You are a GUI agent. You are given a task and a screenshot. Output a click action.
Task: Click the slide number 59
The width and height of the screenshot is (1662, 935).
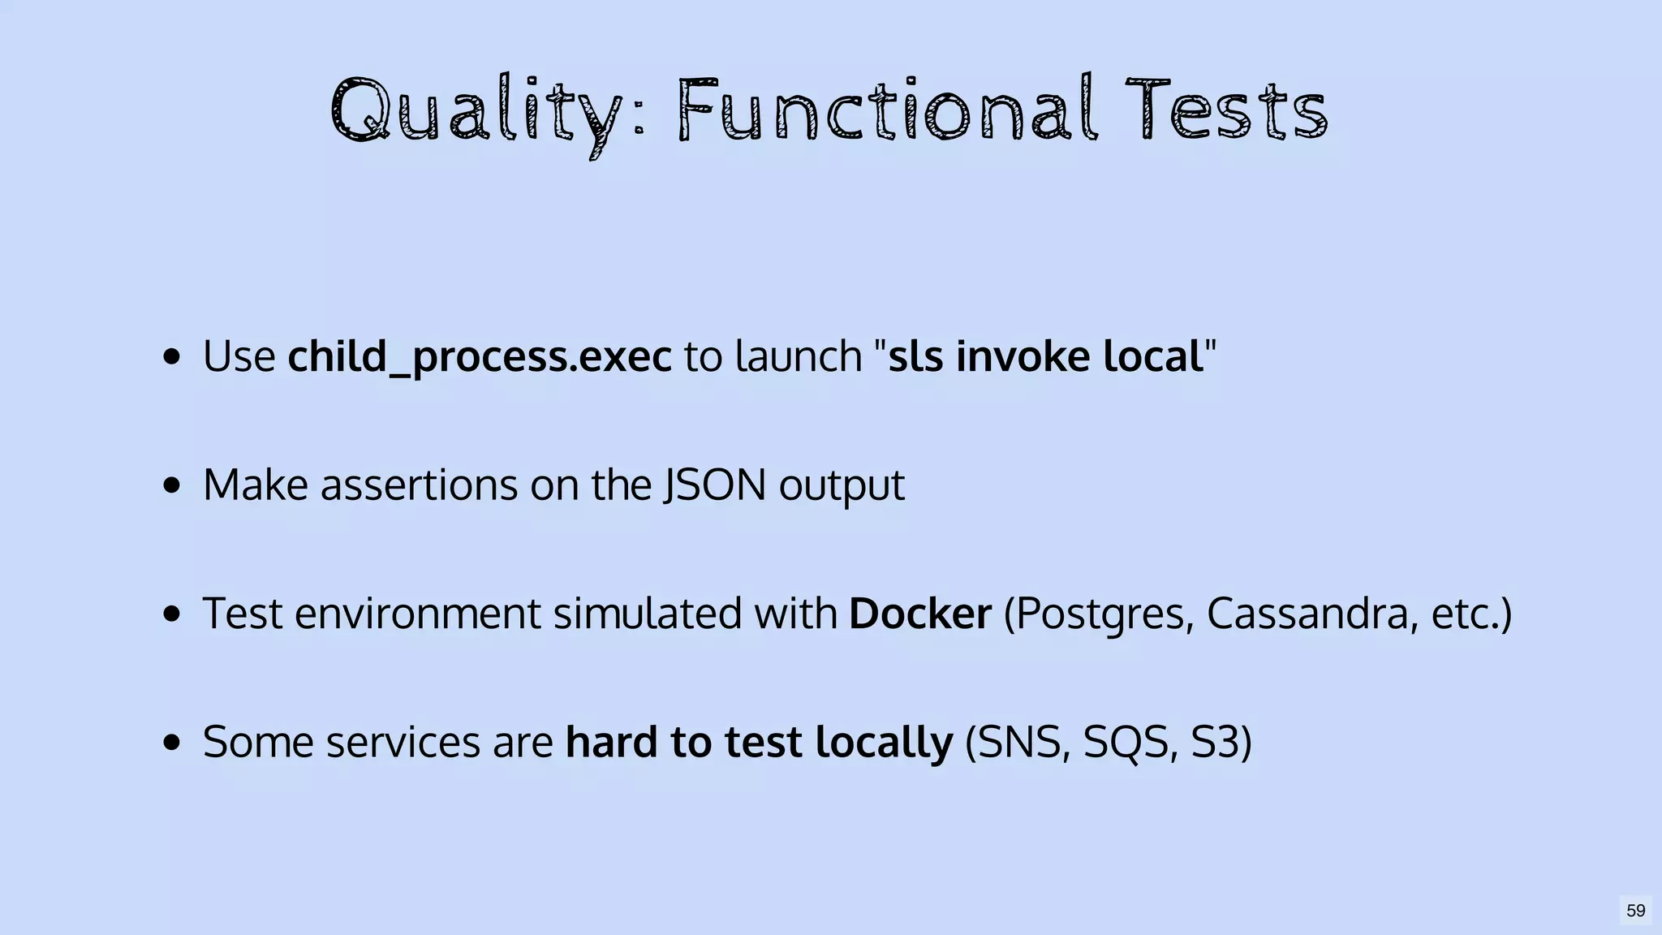[1635, 911]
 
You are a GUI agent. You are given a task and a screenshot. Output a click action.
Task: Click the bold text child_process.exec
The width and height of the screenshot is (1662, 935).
[480, 356]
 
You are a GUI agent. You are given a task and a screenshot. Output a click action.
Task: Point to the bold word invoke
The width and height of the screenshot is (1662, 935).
[1023, 356]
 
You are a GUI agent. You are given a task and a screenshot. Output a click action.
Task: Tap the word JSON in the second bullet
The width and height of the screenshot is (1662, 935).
[715, 485]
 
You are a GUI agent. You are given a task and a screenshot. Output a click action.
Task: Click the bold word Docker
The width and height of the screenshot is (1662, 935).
[920, 613]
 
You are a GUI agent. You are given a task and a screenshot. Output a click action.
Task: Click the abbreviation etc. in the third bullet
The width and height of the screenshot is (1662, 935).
[1465, 614]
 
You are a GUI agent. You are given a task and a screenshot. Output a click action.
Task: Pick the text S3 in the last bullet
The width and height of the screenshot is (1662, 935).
[1212, 742]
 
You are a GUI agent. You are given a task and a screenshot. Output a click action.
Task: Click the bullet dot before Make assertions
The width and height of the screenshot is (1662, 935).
[171, 485]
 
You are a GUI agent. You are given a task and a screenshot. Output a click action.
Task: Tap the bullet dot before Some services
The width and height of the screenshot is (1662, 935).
[171, 742]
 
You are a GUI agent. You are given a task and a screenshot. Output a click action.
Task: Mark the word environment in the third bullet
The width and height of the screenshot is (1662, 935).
[417, 613]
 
